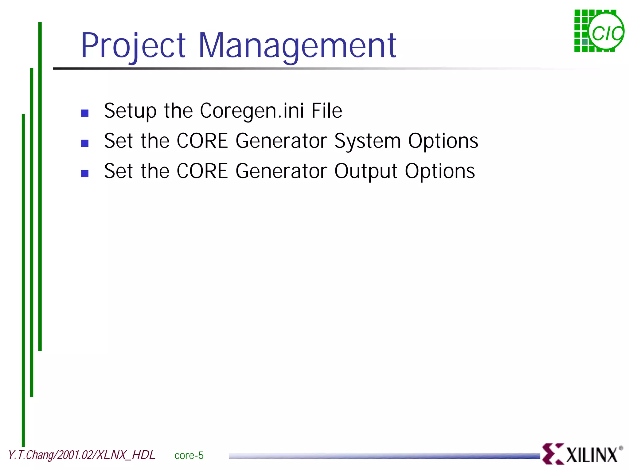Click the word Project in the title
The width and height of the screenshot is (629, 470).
[x=133, y=46]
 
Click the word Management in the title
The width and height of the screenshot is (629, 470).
[x=297, y=46]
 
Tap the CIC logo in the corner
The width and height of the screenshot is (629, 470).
[x=599, y=31]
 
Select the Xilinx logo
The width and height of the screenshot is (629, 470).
[x=582, y=454]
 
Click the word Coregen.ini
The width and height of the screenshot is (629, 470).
[x=252, y=111]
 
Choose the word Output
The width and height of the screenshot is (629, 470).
[x=366, y=171]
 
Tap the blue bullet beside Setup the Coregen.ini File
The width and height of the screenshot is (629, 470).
[x=85, y=113]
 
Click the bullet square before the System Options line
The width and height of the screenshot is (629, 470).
[x=85, y=143]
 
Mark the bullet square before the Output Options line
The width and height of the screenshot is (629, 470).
[x=85, y=174]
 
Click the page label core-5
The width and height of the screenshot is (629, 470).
[x=189, y=455]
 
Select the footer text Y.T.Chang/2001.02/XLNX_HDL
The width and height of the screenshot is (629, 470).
[x=82, y=455]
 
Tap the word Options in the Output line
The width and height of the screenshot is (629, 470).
[x=440, y=171]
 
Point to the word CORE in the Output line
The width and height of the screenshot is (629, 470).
[x=202, y=171]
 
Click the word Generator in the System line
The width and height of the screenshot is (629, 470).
[x=281, y=141]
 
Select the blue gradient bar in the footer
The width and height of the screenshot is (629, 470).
[x=384, y=456]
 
